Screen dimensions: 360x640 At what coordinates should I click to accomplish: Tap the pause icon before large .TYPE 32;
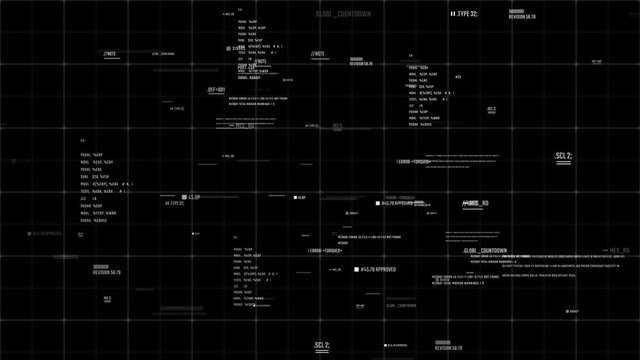pos(452,14)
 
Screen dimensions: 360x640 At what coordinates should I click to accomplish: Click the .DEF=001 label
pos(216,89)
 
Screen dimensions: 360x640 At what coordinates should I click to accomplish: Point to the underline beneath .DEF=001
pos(216,95)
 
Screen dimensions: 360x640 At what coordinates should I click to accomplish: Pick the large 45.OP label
pos(195,198)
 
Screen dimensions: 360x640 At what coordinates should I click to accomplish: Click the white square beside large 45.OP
pos(183,198)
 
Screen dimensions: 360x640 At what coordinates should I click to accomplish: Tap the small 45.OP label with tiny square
pos(299,198)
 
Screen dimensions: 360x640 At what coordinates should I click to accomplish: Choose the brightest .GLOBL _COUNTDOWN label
pos(484,250)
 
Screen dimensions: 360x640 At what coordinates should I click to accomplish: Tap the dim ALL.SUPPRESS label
pos(48,232)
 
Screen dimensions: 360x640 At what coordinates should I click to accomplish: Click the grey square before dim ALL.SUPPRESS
pos(29,232)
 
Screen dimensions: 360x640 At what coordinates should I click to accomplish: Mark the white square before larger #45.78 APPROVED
pos(356,269)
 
